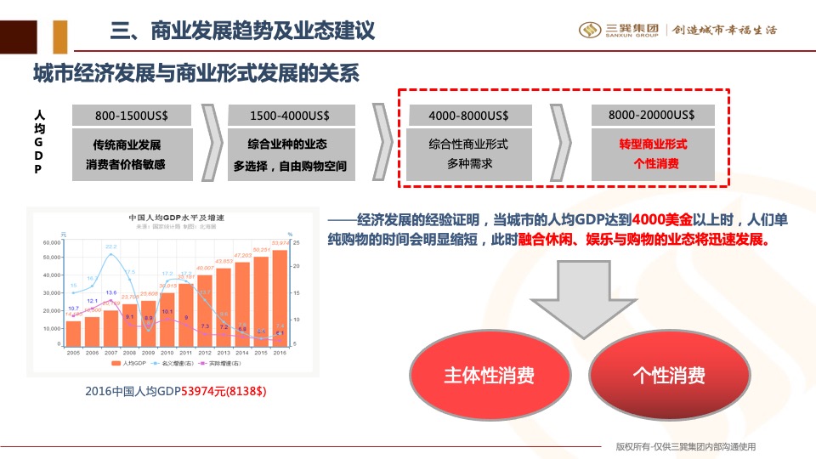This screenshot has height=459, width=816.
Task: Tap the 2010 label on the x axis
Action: pyautogui.click(x=167, y=351)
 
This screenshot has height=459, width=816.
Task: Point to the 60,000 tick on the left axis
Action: pyautogui.click(x=51, y=242)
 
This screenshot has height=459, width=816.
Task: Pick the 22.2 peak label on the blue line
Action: pyautogui.click(x=110, y=246)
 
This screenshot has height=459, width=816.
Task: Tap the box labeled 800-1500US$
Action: pyautogui.click(x=131, y=116)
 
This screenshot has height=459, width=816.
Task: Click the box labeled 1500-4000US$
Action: pyautogui.click(x=290, y=116)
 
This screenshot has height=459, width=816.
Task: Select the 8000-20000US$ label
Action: pyautogui.click(x=652, y=115)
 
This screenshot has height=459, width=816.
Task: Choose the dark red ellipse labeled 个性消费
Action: pyautogui.click(x=668, y=376)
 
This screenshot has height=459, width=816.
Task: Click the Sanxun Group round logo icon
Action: pyautogui.click(x=590, y=30)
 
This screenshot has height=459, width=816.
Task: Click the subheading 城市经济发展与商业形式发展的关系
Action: pyautogui.click(x=196, y=75)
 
